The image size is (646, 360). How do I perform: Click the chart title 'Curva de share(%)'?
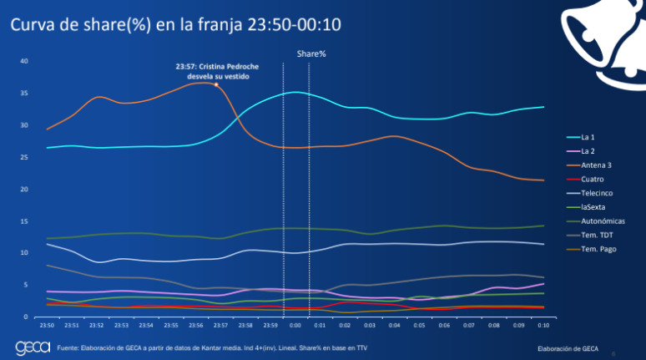(175, 26)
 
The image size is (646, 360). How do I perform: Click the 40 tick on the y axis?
(24, 61)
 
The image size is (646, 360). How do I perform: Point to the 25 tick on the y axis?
(24, 157)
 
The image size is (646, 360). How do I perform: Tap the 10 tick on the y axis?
(24, 253)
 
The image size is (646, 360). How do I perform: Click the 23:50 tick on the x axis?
(47, 325)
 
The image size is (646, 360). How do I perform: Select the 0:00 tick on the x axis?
(295, 325)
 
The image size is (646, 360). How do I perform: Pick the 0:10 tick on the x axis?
(543, 325)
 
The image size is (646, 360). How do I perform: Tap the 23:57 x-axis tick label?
(221, 325)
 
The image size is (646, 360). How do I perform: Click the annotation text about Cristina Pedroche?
(213, 70)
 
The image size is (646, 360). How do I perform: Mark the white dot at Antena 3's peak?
(216, 84)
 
